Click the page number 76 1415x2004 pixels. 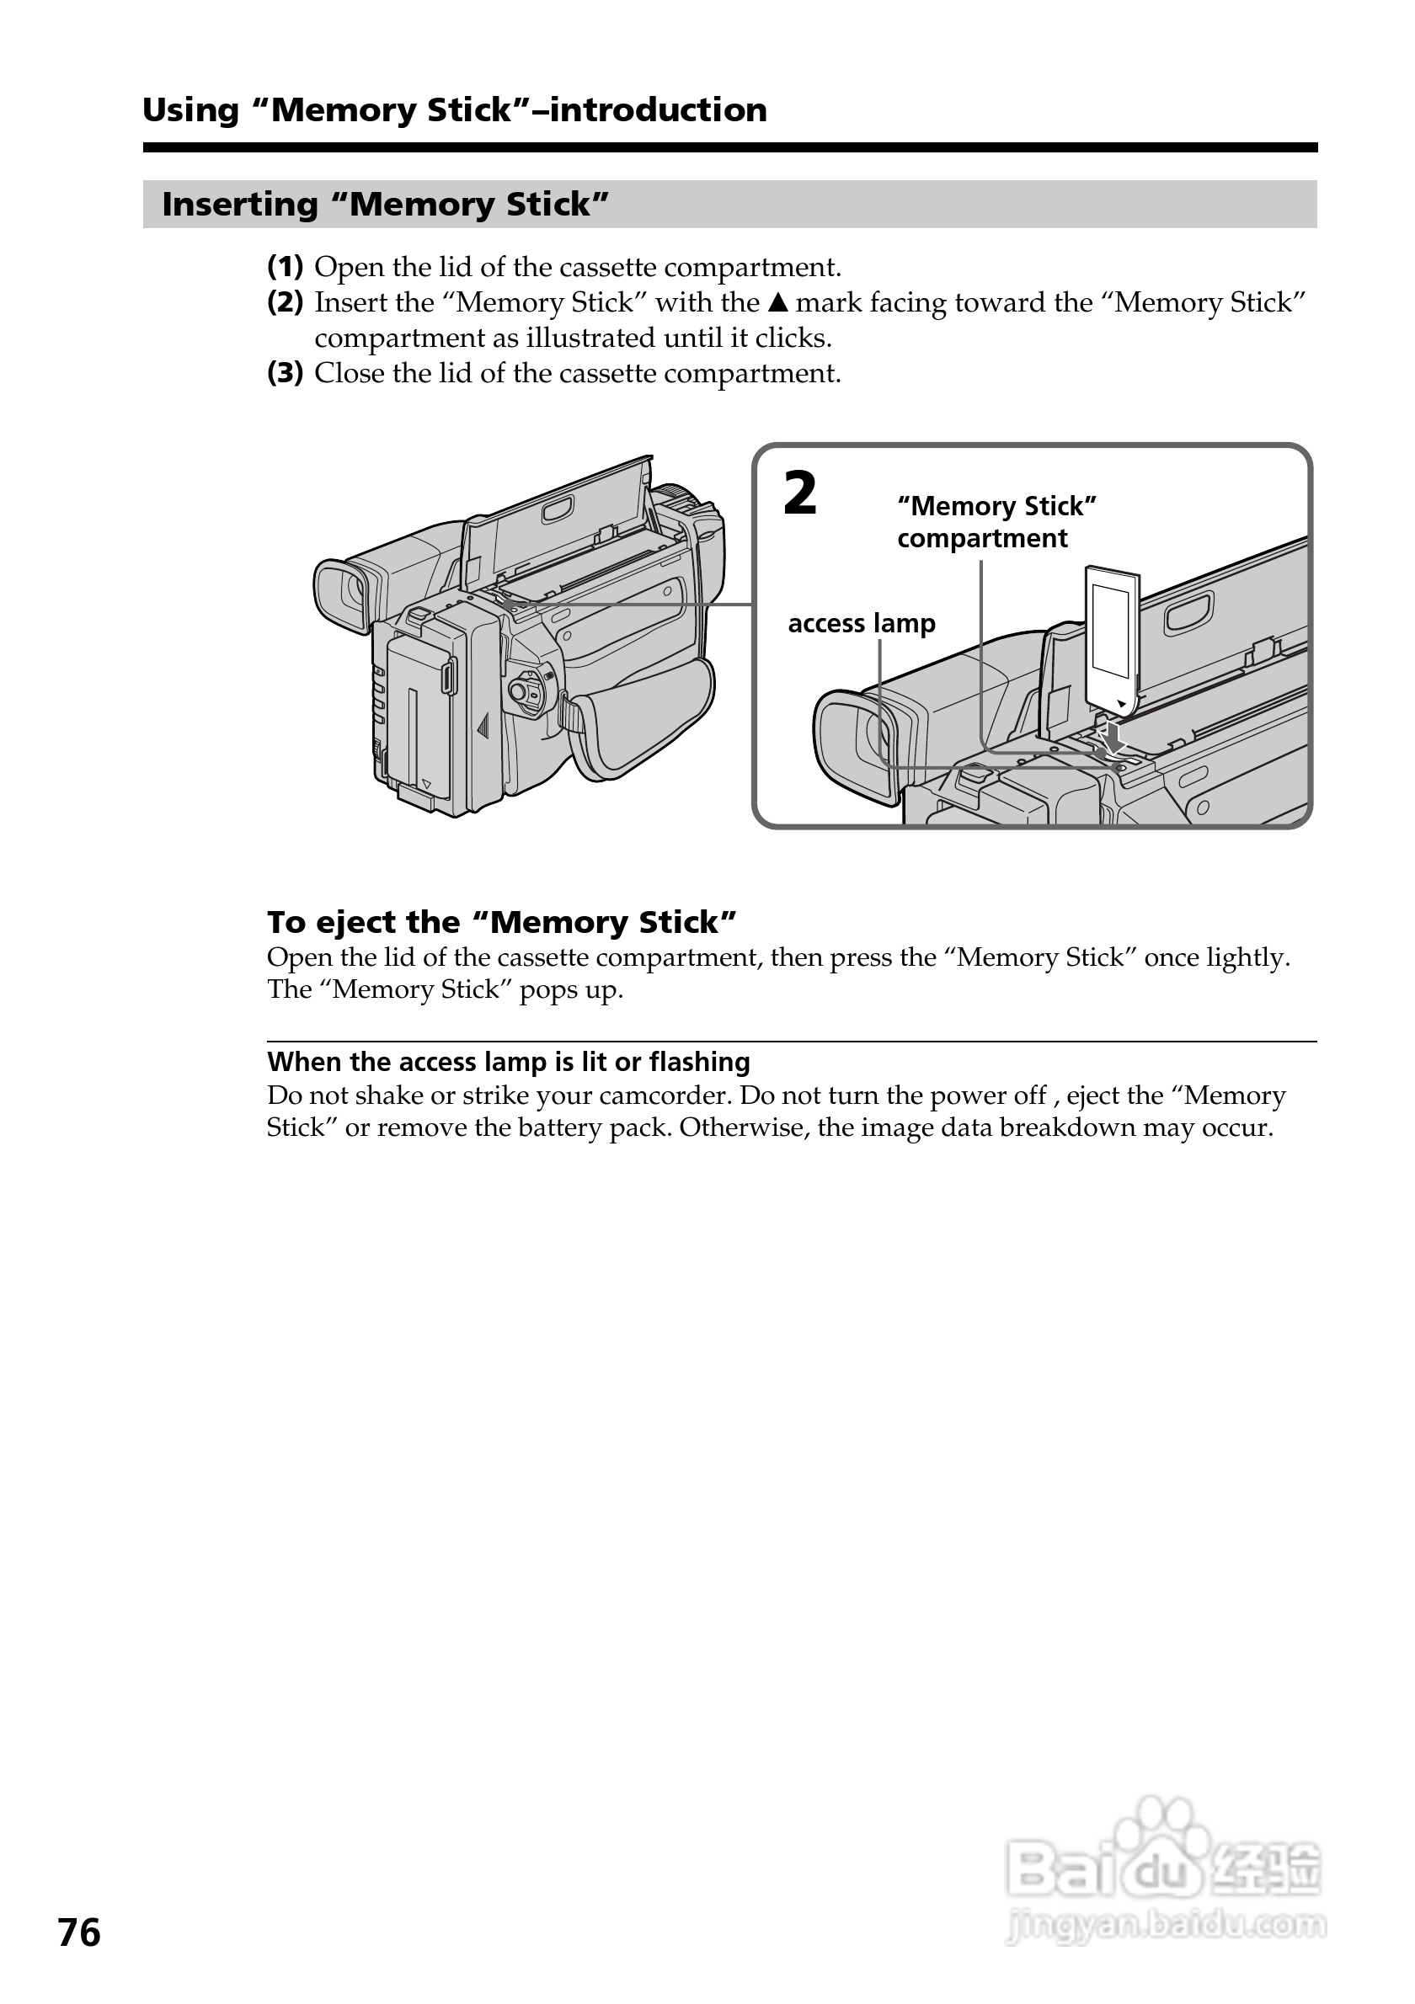pos(79,1932)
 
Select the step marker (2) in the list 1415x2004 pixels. pos(285,302)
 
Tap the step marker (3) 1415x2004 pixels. pos(285,373)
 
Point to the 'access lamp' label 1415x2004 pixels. pos(861,623)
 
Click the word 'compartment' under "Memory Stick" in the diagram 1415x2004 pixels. pos(982,539)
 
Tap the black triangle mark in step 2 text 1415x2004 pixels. pos(777,303)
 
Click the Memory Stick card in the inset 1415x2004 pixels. pos(1110,637)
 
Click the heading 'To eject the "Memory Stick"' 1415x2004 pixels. pos(502,922)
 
